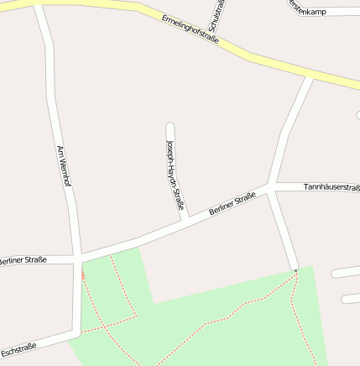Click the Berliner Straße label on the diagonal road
pos(232,205)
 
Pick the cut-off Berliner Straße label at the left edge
pos(25,260)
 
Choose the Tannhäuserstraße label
pos(331,187)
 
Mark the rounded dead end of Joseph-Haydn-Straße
pos(170,128)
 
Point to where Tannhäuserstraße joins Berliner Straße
pos(271,187)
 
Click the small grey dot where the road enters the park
pos(295,270)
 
